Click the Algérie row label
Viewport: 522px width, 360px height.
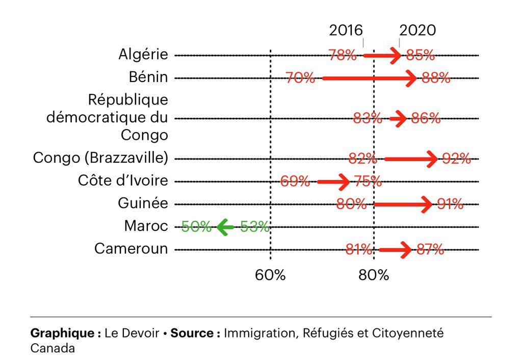(x=143, y=54)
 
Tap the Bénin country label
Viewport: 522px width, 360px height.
(x=148, y=77)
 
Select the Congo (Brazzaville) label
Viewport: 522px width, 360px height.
(x=100, y=158)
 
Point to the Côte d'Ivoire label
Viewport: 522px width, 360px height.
(x=123, y=181)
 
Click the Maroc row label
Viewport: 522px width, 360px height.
(x=146, y=226)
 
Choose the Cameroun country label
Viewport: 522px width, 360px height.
(x=131, y=248)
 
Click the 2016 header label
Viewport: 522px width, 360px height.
(x=346, y=30)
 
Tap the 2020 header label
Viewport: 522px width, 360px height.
(x=417, y=30)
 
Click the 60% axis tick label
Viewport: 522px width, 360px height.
(x=270, y=275)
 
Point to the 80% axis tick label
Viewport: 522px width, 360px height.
(x=374, y=275)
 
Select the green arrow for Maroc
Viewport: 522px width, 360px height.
(x=225, y=227)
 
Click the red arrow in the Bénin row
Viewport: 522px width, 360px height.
(x=370, y=78)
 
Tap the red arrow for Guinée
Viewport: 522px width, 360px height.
(x=403, y=204)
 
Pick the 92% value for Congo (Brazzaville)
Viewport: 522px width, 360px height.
(x=457, y=159)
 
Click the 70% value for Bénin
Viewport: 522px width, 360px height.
(x=300, y=78)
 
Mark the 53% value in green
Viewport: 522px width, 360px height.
(x=255, y=227)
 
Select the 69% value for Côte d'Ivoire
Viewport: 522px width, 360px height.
(x=295, y=181)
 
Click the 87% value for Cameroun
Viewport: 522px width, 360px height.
(x=430, y=249)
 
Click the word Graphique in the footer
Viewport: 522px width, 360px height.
(x=62, y=333)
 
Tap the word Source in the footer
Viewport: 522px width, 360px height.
(x=192, y=333)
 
